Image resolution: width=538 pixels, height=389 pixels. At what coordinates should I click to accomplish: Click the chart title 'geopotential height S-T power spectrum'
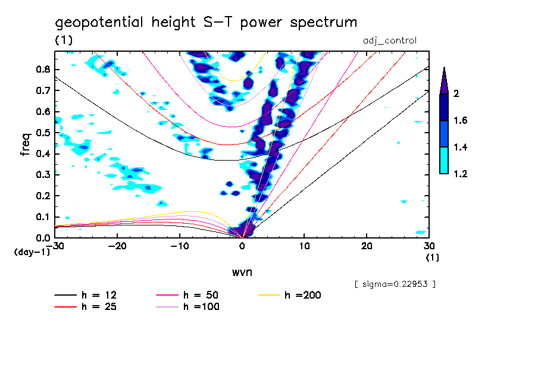click(x=206, y=23)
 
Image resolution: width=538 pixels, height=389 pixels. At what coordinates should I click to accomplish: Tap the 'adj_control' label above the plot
click(x=390, y=40)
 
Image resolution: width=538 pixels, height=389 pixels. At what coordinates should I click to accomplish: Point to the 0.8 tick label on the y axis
click(x=42, y=69)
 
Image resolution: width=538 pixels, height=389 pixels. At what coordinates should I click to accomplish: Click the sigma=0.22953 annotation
click(x=395, y=284)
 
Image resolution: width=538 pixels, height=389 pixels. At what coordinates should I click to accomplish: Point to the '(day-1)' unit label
click(x=32, y=252)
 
